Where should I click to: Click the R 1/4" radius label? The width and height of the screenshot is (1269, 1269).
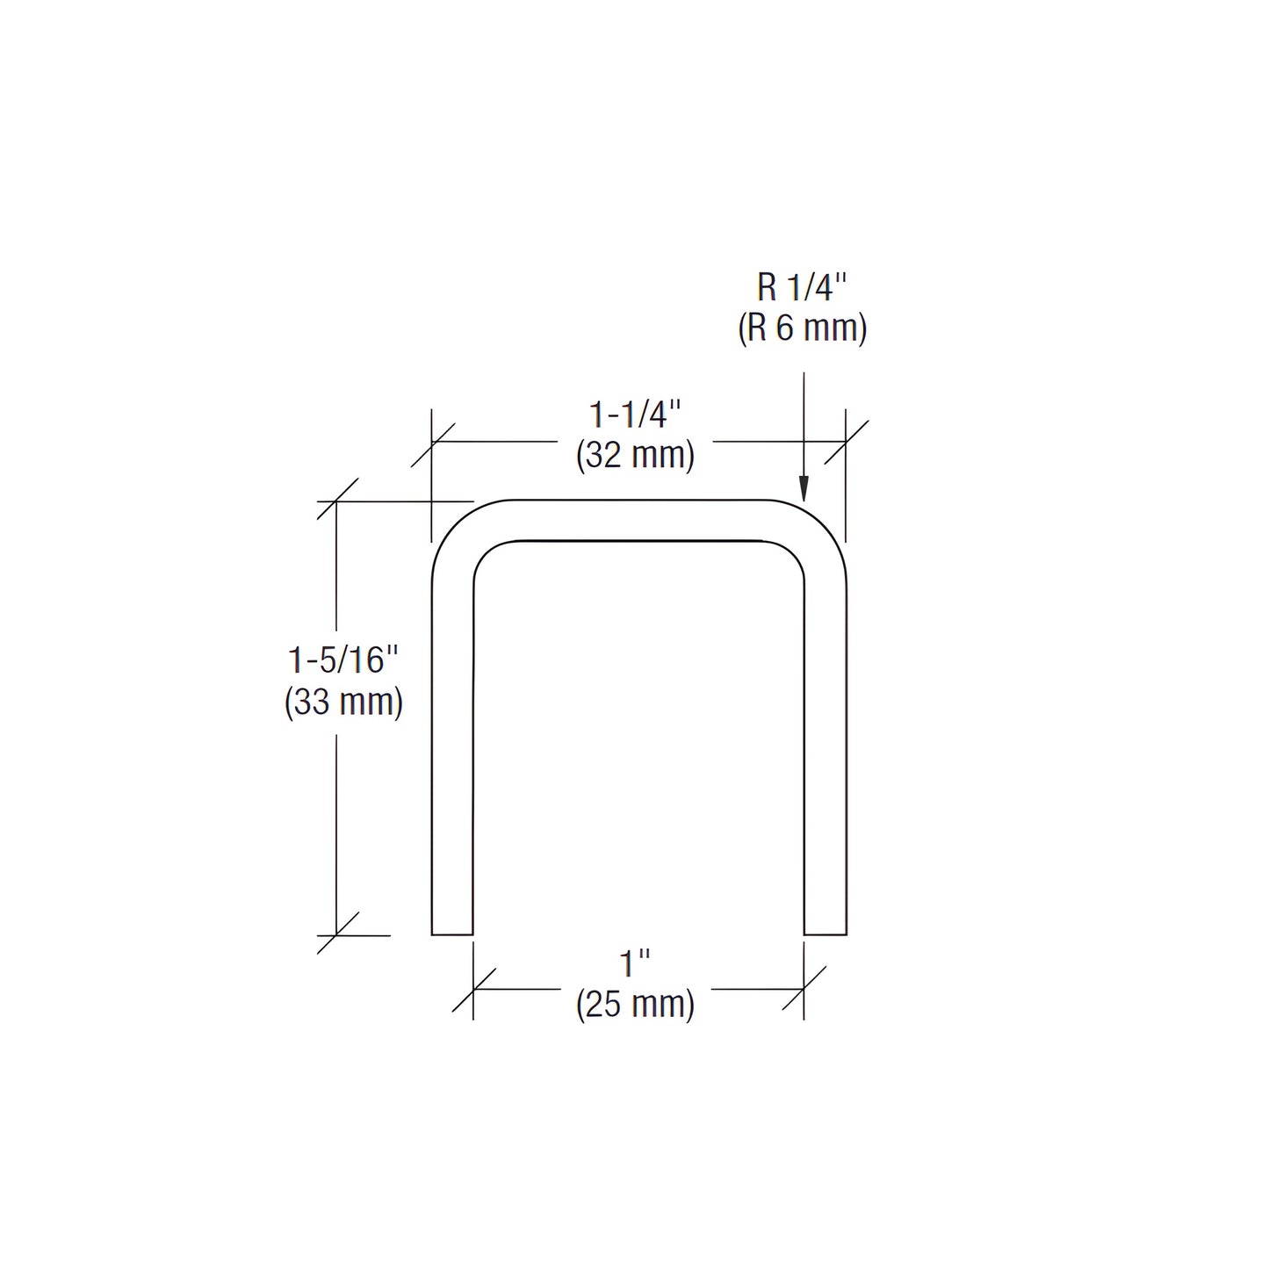tap(802, 287)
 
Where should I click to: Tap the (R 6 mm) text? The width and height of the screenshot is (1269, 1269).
tap(802, 328)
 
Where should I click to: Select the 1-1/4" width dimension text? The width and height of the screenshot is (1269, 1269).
tap(634, 414)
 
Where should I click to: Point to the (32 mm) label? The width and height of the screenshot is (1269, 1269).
tap(635, 456)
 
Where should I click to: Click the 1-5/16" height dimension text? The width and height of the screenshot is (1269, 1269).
tap(343, 660)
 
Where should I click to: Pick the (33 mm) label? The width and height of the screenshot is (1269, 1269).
tap(343, 702)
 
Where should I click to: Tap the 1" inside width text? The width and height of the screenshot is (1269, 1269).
tap(634, 963)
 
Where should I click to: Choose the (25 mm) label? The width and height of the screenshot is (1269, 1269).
tap(635, 1004)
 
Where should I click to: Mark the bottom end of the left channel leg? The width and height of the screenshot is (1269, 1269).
tap(452, 934)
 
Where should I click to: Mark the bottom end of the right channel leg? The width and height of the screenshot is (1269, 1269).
tap(826, 934)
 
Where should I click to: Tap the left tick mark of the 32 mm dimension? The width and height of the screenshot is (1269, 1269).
tap(432, 442)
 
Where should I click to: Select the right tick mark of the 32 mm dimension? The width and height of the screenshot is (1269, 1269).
tap(846, 442)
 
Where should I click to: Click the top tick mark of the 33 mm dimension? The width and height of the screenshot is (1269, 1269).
tap(337, 501)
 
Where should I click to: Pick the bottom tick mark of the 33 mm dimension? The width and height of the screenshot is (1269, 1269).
tap(337, 934)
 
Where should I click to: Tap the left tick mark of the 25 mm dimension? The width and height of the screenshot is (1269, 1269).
tap(473, 989)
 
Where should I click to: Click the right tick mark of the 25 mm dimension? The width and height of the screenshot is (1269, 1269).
tap(804, 989)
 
